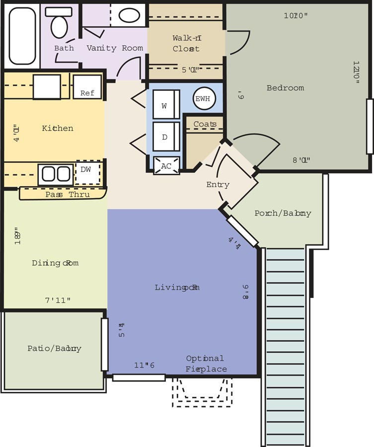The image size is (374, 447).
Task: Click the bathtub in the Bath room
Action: (x=22, y=36)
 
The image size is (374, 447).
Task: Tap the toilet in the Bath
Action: (x=59, y=23)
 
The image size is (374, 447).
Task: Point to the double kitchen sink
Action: (x=56, y=174)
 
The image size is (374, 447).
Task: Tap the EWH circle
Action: (x=203, y=98)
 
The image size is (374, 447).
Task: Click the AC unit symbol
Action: (x=166, y=166)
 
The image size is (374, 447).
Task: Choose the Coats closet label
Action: (x=205, y=124)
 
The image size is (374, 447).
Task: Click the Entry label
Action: (x=218, y=185)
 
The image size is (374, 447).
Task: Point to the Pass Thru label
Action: (x=68, y=194)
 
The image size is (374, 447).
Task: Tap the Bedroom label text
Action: (x=285, y=88)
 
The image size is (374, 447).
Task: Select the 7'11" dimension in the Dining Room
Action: (x=58, y=300)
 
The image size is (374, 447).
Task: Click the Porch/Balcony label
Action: (x=283, y=213)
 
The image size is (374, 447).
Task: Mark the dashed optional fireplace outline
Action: (x=202, y=392)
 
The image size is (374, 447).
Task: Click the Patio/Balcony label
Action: (x=54, y=349)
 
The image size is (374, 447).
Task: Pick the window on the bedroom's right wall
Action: (x=370, y=126)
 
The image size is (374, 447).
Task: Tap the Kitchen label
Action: (x=58, y=128)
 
